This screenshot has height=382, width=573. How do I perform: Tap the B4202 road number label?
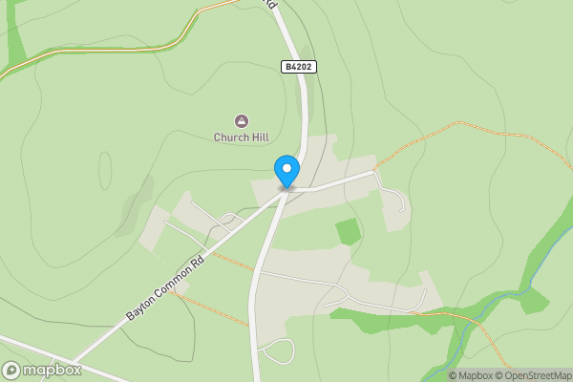coord(299,67)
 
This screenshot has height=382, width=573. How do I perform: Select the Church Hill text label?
coord(241,138)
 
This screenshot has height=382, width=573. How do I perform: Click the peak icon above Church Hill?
coord(241,120)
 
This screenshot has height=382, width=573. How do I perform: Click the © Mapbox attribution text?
coord(470,375)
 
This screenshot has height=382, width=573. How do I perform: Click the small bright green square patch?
coord(349,231)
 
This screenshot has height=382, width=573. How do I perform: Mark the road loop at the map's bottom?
coord(278,350)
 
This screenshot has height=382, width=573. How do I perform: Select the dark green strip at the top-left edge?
coord(14,38)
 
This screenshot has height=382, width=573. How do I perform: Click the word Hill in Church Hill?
coord(257,138)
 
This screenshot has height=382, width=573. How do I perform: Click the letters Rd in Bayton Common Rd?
coord(199,261)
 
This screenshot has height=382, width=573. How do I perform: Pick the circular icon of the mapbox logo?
coord(12,370)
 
